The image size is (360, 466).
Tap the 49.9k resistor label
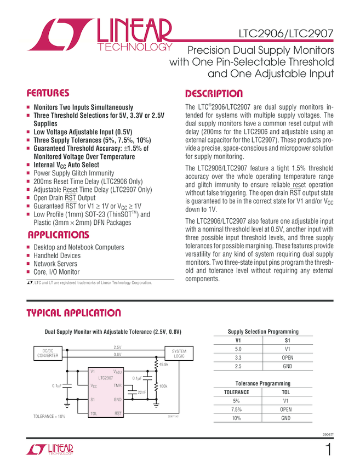click(163, 365)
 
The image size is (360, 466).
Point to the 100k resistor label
click(163, 386)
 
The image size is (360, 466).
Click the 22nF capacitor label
click(141, 392)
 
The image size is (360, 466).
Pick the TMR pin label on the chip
click(117, 385)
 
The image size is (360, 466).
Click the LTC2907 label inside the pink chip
click(106, 378)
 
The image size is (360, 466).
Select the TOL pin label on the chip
click(94, 413)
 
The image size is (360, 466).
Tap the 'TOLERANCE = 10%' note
click(49, 416)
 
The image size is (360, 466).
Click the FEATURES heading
click(48, 93)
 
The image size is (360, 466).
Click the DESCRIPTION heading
click(214, 93)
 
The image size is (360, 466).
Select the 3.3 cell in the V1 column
click(238, 357)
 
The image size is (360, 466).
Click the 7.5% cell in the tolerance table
click(237, 410)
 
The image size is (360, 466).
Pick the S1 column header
click(288, 340)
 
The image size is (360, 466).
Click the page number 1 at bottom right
click(328, 451)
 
